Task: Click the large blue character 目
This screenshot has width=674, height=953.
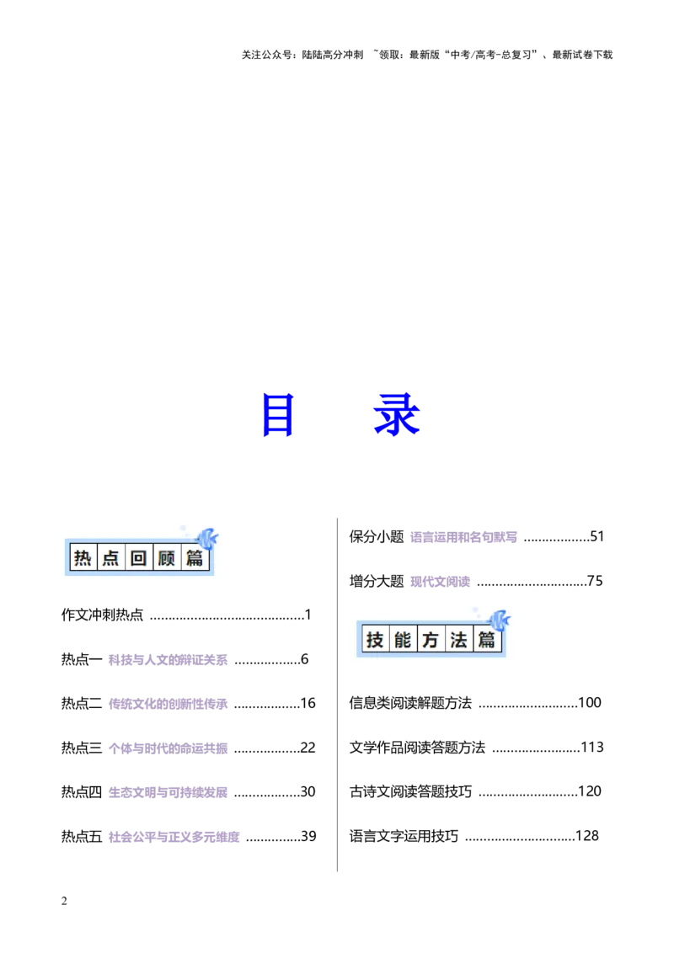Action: tap(278, 414)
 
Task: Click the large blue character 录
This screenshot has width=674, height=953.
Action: tap(397, 414)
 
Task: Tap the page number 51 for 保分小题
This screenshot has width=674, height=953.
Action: tap(596, 536)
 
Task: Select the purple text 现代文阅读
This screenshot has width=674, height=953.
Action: tap(441, 582)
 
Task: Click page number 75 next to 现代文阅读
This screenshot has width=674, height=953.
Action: tap(595, 581)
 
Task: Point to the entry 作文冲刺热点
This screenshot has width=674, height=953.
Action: tap(102, 615)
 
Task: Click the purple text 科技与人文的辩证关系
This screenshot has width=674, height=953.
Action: tap(168, 660)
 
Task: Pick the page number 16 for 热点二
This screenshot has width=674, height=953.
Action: tap(308, 703)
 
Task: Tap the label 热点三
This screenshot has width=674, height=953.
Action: tap(82, 748)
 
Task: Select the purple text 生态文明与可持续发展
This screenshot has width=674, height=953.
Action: tap(168, 792)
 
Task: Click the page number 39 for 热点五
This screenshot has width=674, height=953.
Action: tap(308, 836)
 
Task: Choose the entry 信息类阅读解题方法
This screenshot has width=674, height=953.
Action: tap(410, 703)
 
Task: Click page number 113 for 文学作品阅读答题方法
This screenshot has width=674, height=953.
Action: tap(592, 747)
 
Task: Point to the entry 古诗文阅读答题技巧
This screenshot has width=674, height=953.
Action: tap(410, 792)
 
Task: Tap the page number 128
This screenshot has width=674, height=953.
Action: tap(587, 836)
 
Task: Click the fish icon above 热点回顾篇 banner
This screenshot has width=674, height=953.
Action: tap(206, 539)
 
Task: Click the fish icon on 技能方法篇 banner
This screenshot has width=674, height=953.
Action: tap(499, 620)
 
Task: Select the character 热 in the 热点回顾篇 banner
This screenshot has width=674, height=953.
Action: tap(83, 558)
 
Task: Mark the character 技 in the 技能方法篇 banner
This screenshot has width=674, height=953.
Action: tap(375, 640)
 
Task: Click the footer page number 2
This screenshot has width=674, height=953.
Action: tap(64, 901)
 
